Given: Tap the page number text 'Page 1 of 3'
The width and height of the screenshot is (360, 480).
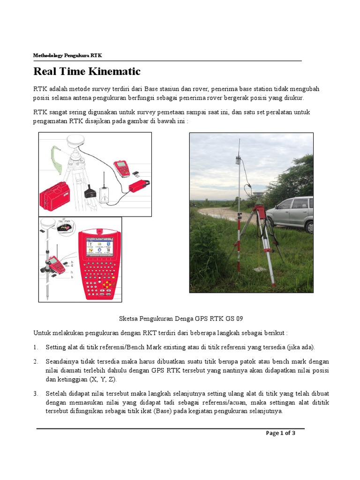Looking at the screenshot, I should coord(280,433).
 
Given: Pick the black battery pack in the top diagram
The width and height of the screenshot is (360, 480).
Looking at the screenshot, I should coord(90,191).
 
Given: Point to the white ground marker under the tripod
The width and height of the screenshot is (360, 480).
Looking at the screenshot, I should coord(259,270).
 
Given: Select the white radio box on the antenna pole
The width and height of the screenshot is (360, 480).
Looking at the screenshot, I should coord(239,161).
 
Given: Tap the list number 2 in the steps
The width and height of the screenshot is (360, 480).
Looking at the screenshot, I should coord(36,362).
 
